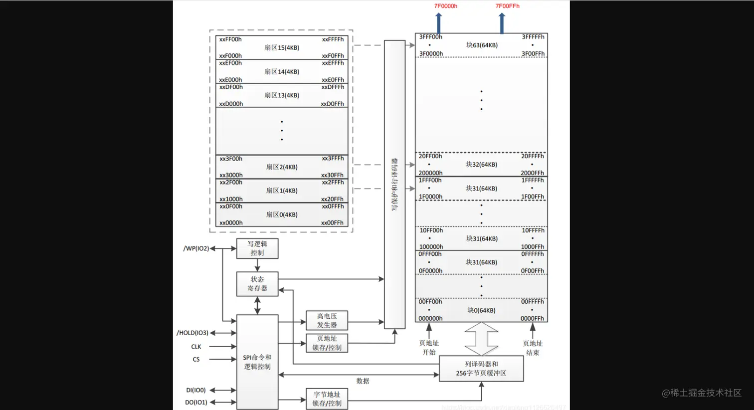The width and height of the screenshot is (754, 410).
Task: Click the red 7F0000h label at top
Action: pos(445,6)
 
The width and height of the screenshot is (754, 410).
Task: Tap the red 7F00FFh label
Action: pos(507,6)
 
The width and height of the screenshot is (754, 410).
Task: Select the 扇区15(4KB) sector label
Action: pos(282,48)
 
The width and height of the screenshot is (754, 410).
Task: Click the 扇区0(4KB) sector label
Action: pos(282,214)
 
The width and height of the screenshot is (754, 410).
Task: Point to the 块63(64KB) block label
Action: pos(482,45)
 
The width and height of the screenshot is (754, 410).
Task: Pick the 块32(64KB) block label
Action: pos(481,164)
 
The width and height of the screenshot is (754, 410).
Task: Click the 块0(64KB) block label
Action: pos(481,310)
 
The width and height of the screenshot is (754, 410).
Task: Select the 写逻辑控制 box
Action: pos(257,248)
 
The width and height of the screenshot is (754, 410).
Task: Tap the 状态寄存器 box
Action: pos(257,284)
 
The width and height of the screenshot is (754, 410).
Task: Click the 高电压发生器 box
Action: pos(327,320)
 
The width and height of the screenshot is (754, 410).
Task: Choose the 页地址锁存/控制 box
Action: pos(327,343)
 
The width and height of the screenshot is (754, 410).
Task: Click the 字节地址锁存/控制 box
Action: pos(327,399)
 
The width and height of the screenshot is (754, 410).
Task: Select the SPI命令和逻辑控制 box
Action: pos(257,362)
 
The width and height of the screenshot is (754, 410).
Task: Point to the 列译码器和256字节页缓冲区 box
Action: pos(481,369)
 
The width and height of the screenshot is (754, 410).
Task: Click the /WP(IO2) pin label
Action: pos(196,248)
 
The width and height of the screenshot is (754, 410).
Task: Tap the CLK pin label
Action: pos(196,347)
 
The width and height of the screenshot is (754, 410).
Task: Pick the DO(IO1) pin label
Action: pos(196,402)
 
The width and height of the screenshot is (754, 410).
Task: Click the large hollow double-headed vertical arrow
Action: pos(481,339)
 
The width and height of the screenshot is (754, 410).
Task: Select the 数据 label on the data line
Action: pos(363,381)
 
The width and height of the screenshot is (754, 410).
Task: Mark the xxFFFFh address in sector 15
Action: pos(333,39)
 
